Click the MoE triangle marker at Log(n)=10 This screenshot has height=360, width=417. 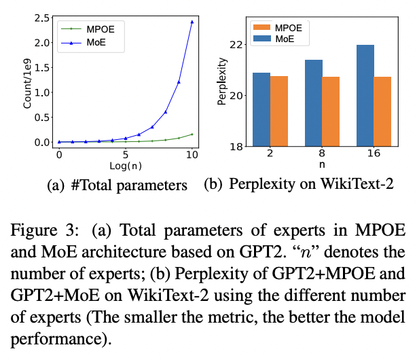pyautogui.click(x=192, y=22)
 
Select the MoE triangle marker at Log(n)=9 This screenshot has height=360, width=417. pyautogui.click(x=179, y=82)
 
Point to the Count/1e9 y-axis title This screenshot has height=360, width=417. pyautogui.click(x=27, y=84)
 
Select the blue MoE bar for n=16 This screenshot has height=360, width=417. pyautogui.click(x=365, y=95)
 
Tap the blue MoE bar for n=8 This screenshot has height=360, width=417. pyautogui.click(x=313, y=103)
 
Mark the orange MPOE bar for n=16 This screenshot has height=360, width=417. pyautogui.click(x=382, y=111)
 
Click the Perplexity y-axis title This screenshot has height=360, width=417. pyautogui.click(x=222, y=84)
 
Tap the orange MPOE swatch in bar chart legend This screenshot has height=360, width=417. pyautogui.click(x=262, y=28)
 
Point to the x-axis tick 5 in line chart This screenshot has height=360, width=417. pyautogui.click(x=125, y=154)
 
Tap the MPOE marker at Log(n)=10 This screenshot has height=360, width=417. pyautogui.click(x=192, y=134)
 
